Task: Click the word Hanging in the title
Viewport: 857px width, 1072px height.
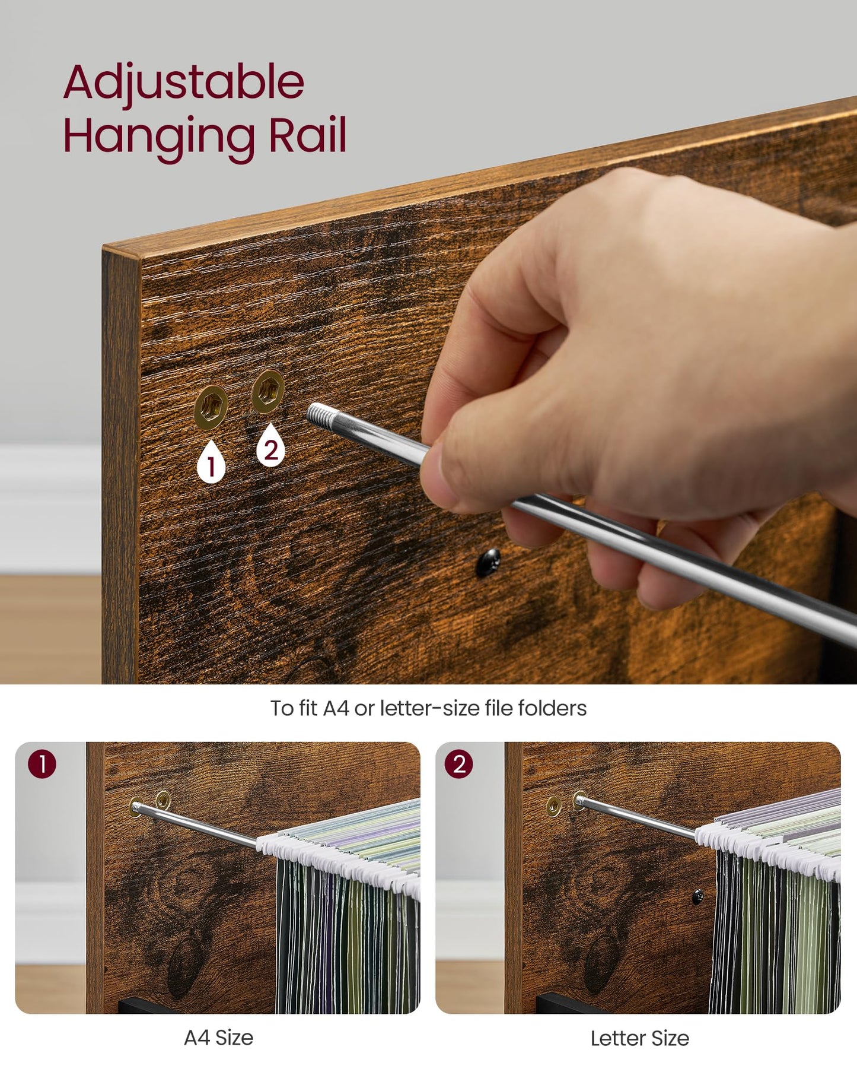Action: pyautogui.click(x=159, y=138)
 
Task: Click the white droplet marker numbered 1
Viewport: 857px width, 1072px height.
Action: pyautogui.click(x=211, y=461)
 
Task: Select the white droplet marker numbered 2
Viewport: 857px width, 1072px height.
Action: pyautogui.click(x=270, y=445)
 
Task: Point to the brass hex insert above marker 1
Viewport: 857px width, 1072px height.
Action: pyautogui.click(x=211, y=407)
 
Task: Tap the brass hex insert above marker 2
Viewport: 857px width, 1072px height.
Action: pyautogui.click(x=268, y=391)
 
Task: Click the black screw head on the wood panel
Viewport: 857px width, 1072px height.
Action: pyautogui.click(x=489, y=562)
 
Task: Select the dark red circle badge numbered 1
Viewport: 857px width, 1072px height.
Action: pyautogui.click(x=42, y=764)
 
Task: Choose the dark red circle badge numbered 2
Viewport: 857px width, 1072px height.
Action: pyautogui.click(x=459, y=764)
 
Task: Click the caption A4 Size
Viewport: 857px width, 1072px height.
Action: pyautogui.click(x=219, y=1038)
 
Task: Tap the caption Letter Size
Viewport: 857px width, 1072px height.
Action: pyautogui.click(x=640, y=1038)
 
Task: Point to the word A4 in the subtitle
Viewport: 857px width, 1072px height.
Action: pyautogui.click(x=336, y=708)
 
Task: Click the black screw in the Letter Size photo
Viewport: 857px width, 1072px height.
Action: pyautogui.click(x=698, y=896)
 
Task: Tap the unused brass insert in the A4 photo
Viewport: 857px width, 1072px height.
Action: pyautogui.click(x=163, y=800)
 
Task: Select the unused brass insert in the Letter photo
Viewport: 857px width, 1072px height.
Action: pyautogui.click(x=554, y=806)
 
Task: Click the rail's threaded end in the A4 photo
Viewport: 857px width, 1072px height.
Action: pyautogui.click(x=136, y=807)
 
